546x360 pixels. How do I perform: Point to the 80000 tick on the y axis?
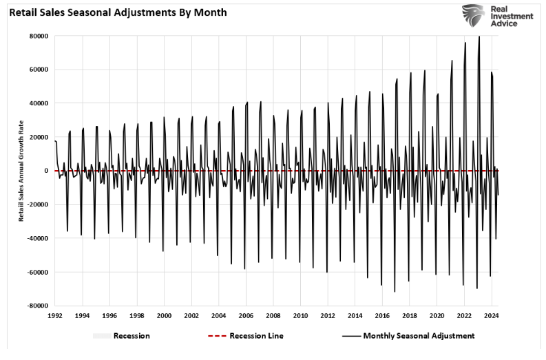(36, 36)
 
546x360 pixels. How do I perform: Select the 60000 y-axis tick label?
(36, 70)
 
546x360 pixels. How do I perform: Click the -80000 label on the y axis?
(35, 306)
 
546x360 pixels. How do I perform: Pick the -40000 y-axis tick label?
(35, 238)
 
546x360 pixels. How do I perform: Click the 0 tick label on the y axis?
(45, 171)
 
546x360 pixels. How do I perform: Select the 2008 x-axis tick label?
(273, 315)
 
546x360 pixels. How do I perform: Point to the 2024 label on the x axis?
(491, 315)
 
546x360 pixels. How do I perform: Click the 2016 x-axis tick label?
(382, 315)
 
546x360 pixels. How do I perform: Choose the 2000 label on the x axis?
(164, 315)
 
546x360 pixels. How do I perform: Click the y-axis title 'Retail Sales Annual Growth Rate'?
(21, 171)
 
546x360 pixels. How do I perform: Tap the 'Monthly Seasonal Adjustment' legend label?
(418, 336)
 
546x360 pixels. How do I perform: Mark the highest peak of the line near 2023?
(479, 36)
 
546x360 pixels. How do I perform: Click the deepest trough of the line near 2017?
(395, 292)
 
